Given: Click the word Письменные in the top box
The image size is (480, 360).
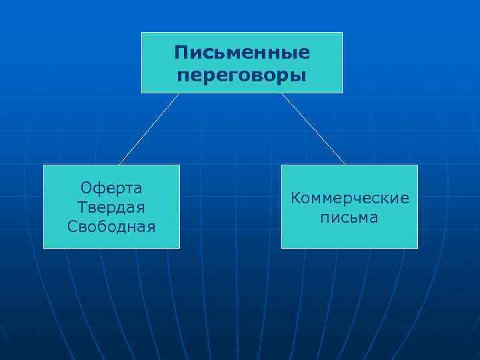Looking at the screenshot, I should (x=242, y=52).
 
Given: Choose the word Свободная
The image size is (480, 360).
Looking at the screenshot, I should (x=111, y=226).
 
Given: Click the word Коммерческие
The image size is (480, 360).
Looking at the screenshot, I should (x=349, y=199).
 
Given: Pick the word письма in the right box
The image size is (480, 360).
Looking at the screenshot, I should (x=349, y=218).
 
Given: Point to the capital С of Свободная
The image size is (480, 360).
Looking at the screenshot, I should (x=72, y=226).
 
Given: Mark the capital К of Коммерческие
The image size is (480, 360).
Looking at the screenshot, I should (x=294, y=199).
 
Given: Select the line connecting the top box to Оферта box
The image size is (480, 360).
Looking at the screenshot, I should (x=150, y=129).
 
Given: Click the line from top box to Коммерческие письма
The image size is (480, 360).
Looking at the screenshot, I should (x=313, y=129).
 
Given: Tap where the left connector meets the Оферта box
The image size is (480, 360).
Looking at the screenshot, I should (x=121, y=164).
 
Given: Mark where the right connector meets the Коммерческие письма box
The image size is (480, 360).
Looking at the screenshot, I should (x=345, y=164).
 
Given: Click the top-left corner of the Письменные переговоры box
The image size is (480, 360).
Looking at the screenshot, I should (x=142, y=32).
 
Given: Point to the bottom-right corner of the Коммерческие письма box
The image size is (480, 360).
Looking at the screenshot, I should (x=417, y=248).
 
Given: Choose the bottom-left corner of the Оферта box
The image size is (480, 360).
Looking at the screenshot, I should (x=44, y=248).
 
